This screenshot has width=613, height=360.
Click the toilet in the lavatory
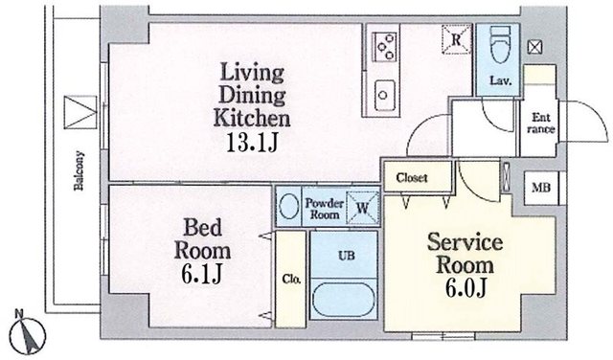(500, 44)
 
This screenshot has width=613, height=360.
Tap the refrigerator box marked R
(456, 39)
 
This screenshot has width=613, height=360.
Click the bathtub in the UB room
(344, 300)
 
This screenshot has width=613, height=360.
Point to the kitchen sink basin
(385, 95)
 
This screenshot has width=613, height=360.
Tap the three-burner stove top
(385, 47)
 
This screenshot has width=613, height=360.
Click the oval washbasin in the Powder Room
(289, 206)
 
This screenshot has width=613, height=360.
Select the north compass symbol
(28, 334)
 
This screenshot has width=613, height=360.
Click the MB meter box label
(541, 188)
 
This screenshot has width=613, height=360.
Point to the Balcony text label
(79, 170)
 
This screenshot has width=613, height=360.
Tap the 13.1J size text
(252, 143)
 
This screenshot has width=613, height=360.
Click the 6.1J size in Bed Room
(202, 274)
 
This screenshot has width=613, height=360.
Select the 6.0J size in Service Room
(465, 288)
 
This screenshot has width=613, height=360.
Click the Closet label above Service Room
(412, 178)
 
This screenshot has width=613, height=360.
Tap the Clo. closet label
(291, 280)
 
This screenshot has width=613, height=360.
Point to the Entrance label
(540, 124)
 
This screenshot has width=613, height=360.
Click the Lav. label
(500, 81)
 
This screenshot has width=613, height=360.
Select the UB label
(347, 256)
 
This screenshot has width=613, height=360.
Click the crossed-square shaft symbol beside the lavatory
(534, 47)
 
